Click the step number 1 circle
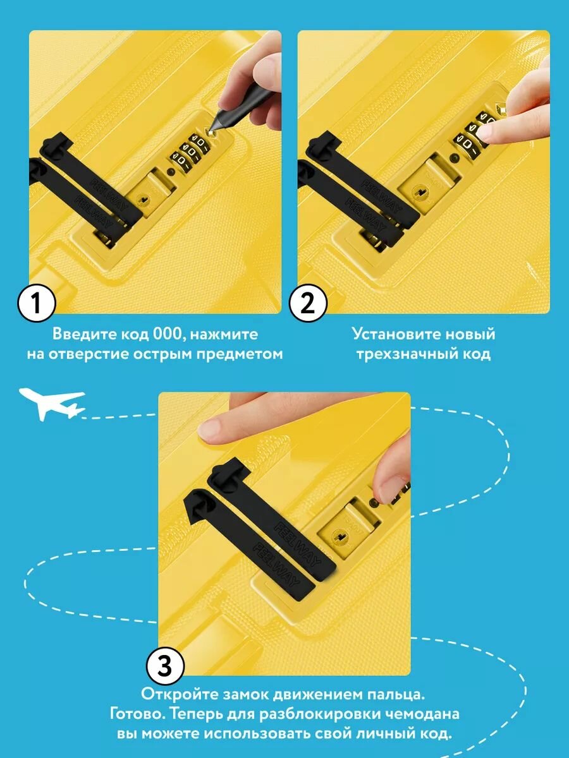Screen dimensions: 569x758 tap(36, 303)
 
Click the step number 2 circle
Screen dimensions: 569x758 tap(307, 303)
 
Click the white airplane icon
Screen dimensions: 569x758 tap(52, 403)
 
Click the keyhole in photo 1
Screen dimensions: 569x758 tap(142, 199)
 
